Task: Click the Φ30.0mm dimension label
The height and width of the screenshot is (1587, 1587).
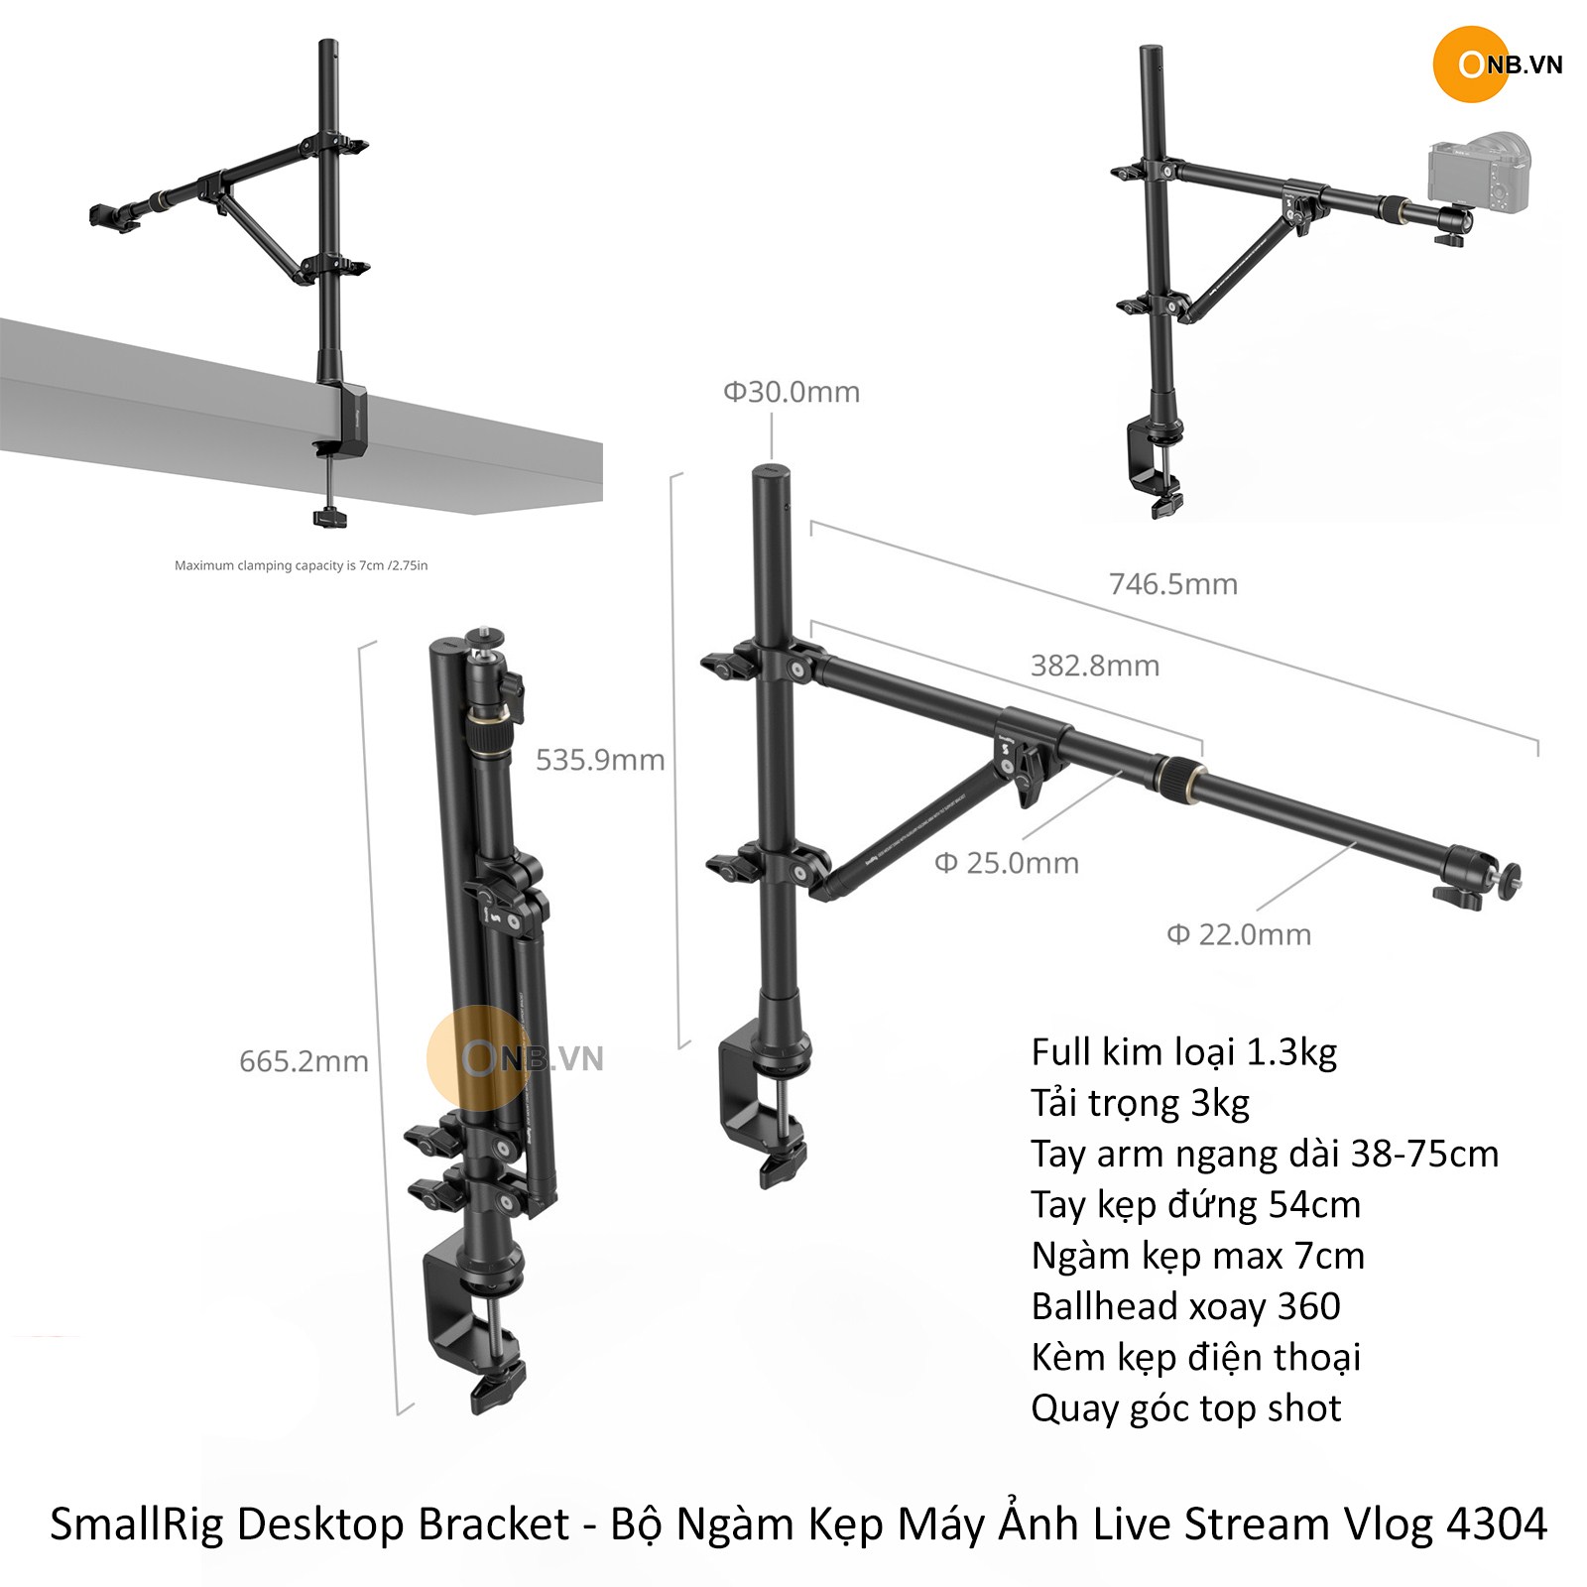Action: coord(792,392)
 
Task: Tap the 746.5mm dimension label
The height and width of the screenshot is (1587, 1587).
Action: coord(1173,583)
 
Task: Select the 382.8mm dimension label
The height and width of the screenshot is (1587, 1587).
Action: coord(1095,665)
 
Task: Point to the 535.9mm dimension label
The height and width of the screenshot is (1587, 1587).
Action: coord(600,760)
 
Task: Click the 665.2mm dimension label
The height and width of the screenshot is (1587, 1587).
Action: coord(304,1061)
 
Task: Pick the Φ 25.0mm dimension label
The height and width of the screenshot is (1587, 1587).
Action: coord(1007,863)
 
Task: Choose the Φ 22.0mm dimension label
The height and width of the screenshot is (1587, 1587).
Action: coord(1239,934)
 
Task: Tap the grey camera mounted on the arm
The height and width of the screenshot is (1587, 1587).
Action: coord(1479,173)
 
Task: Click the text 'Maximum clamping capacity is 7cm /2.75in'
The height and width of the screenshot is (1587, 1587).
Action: coord(302,565)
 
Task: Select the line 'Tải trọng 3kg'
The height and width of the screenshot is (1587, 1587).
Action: coord(1140,1103)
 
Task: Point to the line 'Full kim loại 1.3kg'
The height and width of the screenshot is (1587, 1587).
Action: coord(1184,1051)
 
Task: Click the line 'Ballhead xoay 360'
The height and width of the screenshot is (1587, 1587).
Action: coord(1186,1306)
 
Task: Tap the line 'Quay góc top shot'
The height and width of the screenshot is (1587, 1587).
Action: coord(1186,1408)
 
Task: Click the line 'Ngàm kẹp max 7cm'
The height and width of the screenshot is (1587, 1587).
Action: coord(1198,1256)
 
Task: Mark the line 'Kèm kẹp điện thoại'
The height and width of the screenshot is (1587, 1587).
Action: coord(1196,1357)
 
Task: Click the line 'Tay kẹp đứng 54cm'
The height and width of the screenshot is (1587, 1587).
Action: coord(1196,1204)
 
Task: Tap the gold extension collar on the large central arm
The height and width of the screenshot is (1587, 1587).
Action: coord(1179,776)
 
